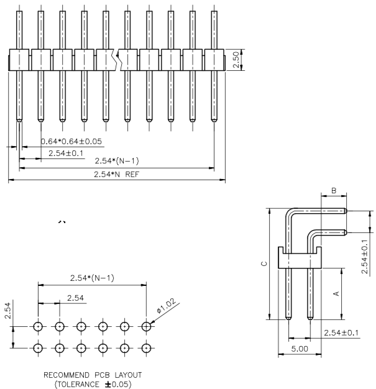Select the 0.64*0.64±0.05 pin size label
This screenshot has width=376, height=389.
point(71,141)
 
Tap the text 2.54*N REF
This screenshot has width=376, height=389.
point(117,175)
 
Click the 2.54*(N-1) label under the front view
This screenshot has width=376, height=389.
point(116,161)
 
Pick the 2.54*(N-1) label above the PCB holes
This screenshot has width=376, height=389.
point(92,277)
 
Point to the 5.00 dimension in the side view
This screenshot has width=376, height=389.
point(300,349)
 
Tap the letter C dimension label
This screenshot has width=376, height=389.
point(264,264)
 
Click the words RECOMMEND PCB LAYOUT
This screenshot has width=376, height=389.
point(93,375)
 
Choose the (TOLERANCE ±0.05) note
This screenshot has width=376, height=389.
point(93,384)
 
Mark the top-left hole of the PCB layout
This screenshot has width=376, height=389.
point(38,326)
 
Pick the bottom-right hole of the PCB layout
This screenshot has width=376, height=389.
point(147,347)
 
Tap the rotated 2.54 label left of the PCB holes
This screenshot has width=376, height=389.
point(7,310)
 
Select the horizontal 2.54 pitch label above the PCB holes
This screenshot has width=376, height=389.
point(75,298)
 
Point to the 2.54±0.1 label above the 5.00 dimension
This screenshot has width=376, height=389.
point(341,333)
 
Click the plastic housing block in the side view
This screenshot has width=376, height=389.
point(301,257)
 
